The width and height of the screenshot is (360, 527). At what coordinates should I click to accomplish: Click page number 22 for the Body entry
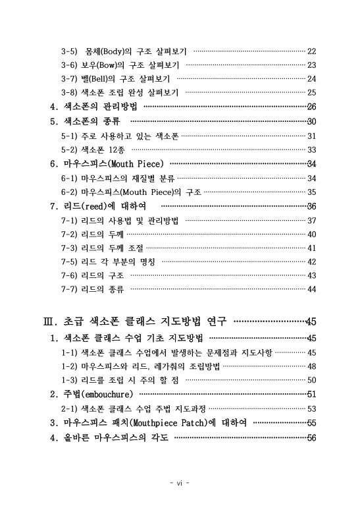(312, 51)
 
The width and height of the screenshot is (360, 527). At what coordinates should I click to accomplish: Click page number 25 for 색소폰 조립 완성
(312, 92)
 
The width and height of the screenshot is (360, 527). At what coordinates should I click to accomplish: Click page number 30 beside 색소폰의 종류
(312, 121)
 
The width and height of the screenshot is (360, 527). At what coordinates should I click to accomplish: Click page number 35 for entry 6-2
(312, 192)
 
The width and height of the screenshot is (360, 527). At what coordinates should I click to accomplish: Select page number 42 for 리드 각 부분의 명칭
(312, 262)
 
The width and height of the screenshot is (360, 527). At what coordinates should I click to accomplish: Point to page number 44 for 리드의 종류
(312, 289)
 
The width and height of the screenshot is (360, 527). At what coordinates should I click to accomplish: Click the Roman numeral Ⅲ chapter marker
(47, 321)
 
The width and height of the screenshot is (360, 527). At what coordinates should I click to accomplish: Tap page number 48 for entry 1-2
(312, 366)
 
